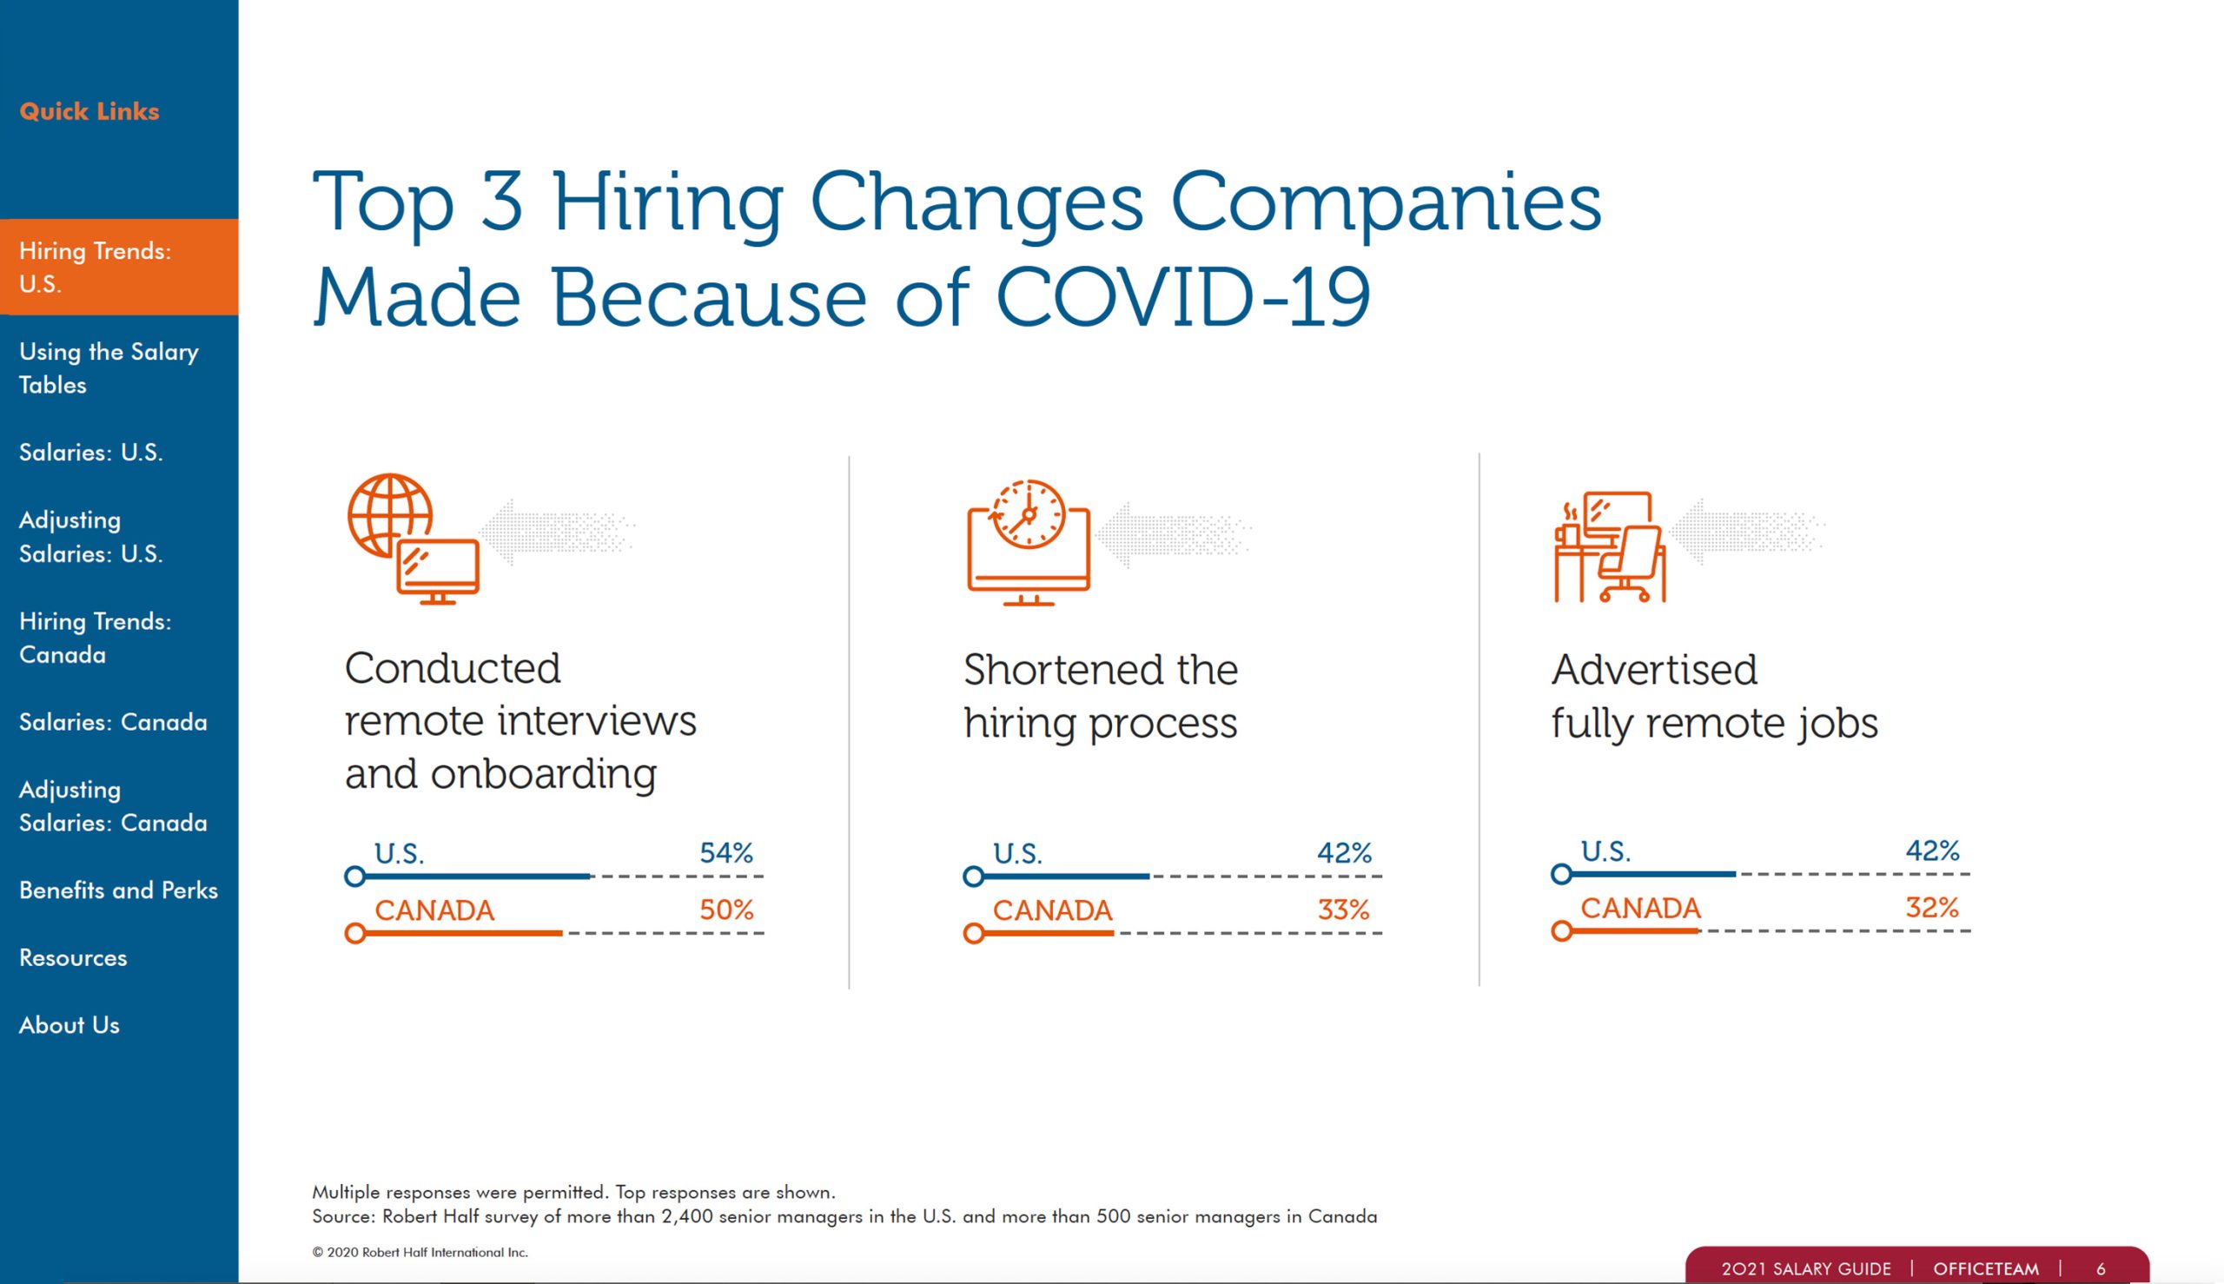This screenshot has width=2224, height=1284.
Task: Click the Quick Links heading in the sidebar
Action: tap(89, 111)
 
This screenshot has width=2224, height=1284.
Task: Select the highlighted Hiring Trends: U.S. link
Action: tap(96, 267)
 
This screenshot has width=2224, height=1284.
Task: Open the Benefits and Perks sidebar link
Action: tap(118, 890)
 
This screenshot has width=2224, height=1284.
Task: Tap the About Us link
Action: tap(69, 1025)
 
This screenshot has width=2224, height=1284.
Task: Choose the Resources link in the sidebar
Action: tap(73, 956)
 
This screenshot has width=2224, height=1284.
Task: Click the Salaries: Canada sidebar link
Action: tap(113, 721)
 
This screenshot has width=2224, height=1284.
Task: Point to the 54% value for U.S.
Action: tap(725, 853)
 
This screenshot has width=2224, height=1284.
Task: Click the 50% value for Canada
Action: tap(725, 910)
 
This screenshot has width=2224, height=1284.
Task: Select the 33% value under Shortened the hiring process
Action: tap(1343, 910)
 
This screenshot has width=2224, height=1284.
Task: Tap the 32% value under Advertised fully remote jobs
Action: tap(1931, 907)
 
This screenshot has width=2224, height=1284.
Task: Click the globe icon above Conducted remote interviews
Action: tap(390, 515)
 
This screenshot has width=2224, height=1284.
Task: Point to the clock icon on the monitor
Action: tap(1029, 514)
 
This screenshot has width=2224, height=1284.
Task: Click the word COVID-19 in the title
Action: tap(1182, 296)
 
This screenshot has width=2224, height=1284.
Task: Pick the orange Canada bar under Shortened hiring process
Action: tap(1046, 933)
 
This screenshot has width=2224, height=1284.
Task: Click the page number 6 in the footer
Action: tap(2101, 1269)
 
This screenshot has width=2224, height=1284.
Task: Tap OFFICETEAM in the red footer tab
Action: tap(1985, 1269)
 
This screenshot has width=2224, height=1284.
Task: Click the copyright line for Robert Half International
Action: tap(420, 1252)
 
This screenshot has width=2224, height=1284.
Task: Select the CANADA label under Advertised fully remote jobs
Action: tap(1639, 908)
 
